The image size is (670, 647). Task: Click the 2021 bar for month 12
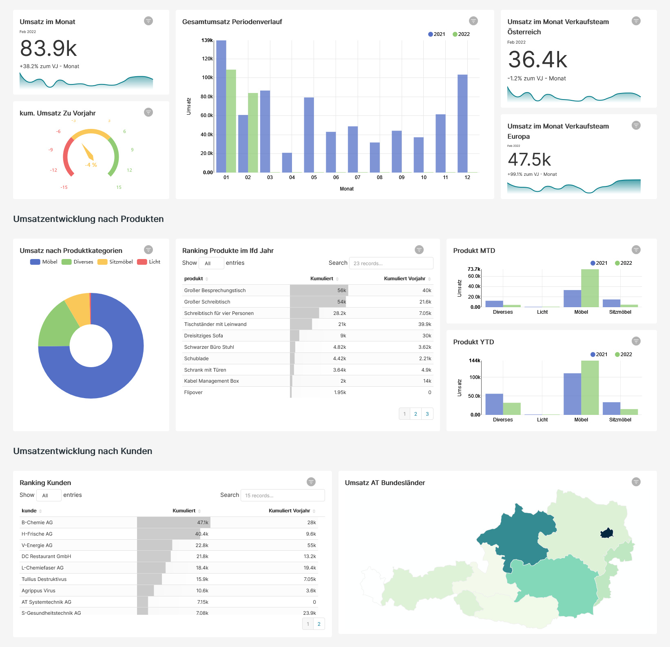[x=462, y=123]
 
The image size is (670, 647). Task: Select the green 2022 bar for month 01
[x=231, y=121]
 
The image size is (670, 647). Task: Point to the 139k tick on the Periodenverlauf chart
[x=207, y=40]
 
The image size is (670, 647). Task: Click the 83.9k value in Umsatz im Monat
[x=49, y=49]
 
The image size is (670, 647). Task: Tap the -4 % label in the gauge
[x=91, y=165]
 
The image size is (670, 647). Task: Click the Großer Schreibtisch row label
[x=207, y=302]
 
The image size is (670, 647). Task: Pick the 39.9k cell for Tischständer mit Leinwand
[x=425, y=324]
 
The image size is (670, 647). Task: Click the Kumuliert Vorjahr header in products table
[x=405, y=279]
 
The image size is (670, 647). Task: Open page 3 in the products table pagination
[x=427, y=414]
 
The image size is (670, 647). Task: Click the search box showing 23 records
[x=391, y=263]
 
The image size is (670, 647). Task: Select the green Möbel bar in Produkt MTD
[x=590, y=288]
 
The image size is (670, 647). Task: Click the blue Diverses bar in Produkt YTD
[x=494, y=404]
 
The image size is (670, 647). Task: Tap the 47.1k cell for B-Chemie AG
[x=203, y=523]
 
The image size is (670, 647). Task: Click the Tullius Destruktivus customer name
[x=44, y=579]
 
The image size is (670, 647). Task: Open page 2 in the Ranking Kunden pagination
[x=319, y=624]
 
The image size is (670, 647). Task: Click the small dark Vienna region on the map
[x=607, y=533]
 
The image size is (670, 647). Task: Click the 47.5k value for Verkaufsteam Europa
[x=529, y=160]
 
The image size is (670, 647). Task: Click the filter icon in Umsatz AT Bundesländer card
[x=636, y=482]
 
